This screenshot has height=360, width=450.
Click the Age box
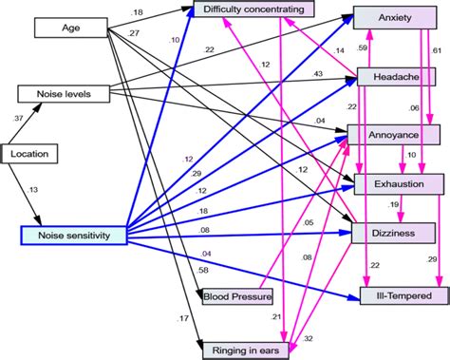pyautogui.click(x=69, y=28)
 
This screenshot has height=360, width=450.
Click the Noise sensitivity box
pyautogui.click(x=74, y=233)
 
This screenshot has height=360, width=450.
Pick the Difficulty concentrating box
pyautogui.click(x=253, y=9)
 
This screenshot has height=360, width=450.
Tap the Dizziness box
pyautogui.click(x=393, y=232)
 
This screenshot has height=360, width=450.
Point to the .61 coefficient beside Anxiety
pyautogui.click(x=436, y=48)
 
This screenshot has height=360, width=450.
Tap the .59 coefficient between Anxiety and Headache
pyautogui.click(x=362, y=47)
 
